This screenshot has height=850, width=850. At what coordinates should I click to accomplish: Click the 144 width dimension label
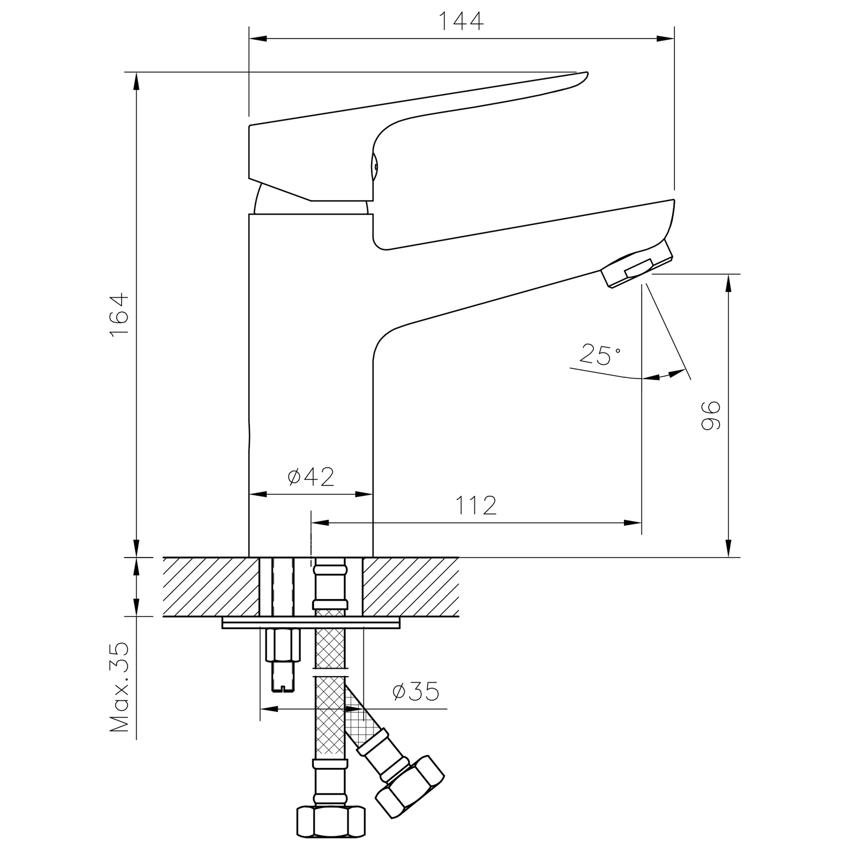(461, 21)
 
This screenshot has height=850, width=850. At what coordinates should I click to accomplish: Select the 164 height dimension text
(120, 316)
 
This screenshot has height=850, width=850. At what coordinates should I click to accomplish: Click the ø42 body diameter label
(311, 477)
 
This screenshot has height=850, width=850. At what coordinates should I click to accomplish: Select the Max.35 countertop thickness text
(120, 687)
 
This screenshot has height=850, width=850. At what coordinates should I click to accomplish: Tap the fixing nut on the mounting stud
(282, 645)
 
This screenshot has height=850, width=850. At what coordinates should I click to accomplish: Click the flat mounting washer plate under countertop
(311, 623)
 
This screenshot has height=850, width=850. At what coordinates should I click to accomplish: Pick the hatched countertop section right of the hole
(410, 586)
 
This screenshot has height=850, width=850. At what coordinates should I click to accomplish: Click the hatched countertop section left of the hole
(211, 586)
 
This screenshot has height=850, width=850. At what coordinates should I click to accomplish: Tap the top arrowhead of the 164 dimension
(136, 81)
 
